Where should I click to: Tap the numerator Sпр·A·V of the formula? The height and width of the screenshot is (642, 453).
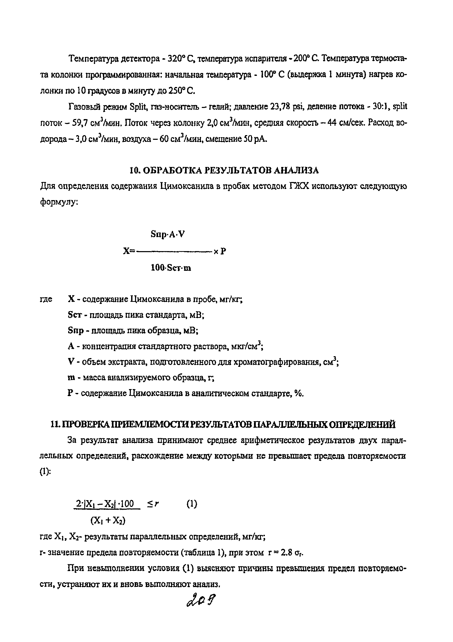(x=168, y=234)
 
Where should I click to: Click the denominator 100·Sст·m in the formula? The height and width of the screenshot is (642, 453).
(x=171, y=268)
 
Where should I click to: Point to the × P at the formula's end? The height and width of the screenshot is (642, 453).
(x=220, y=251)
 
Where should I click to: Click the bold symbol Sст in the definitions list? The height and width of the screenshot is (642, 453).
(x=75, y=315)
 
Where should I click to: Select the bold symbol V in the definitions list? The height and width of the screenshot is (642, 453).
(x=70, y=362)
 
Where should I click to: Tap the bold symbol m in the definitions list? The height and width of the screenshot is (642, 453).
(x=71, y=378)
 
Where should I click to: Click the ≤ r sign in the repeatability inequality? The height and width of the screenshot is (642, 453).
(x=153, y=504)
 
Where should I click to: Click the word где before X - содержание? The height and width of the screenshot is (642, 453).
(x=46, y=300)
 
